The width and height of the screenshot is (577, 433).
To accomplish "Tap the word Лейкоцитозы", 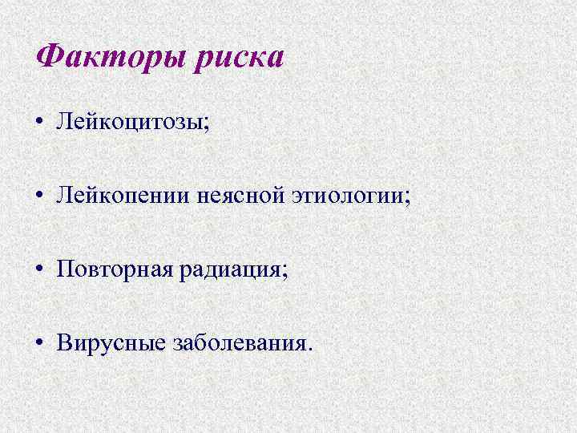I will [129, 123].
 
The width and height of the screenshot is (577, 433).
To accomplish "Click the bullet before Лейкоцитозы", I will [40, 123].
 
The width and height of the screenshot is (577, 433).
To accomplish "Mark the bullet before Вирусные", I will [40, 343].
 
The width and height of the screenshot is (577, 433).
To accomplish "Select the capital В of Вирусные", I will [65, 343].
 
